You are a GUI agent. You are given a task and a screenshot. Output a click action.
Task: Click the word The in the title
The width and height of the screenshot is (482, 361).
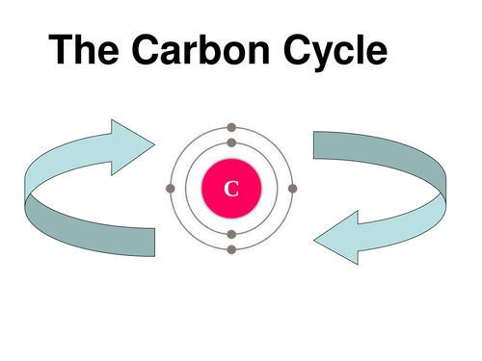pos(88,50)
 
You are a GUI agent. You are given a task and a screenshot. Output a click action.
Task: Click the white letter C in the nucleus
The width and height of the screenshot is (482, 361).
pos(231,188)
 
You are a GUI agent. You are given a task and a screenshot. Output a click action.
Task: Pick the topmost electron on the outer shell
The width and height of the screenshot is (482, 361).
pos(231,126)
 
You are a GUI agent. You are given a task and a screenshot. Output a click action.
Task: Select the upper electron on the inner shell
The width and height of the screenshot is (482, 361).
pos(231,143)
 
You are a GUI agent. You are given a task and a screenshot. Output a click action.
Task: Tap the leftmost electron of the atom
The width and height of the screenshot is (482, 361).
pos(171,188)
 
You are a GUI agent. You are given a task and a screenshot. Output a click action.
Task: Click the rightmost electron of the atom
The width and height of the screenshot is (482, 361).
pos(293,188)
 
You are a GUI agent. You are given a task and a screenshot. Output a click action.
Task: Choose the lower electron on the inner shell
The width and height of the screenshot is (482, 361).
pos(231,234)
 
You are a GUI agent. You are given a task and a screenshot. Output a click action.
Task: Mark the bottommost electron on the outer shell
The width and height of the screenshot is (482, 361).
pos(231,249)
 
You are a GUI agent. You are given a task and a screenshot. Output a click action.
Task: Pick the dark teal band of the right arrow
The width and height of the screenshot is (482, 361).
pos(376,154)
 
